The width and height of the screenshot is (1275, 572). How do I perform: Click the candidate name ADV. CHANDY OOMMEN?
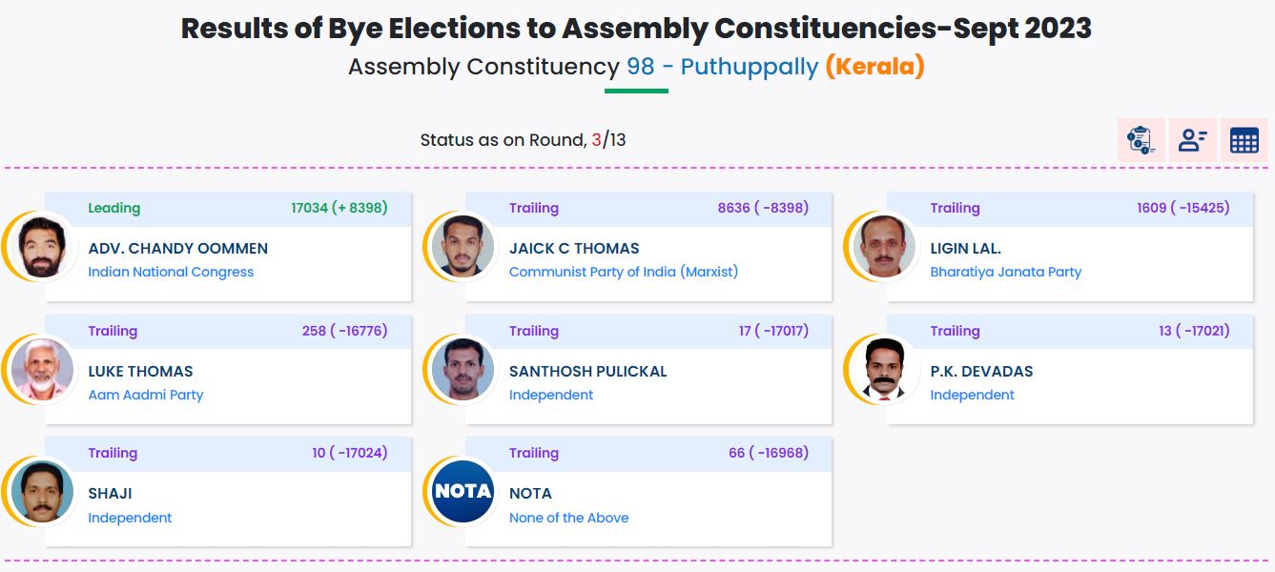coord(177,249)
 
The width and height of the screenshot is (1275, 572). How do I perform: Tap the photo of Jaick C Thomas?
coord(463,246)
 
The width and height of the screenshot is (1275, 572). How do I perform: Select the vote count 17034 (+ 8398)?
coord(339,208)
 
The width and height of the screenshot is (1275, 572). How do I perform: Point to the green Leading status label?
coord(113,208)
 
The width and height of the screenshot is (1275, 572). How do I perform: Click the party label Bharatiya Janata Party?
coord(1005,272)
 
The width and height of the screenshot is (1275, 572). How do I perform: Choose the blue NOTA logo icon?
coord(463,492)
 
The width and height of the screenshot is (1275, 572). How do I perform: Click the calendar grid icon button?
coord(1244,141)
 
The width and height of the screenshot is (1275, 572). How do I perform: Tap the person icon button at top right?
coord(1192,141)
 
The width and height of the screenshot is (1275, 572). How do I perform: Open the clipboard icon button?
coord(1141,141)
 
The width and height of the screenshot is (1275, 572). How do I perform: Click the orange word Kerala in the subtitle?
coord(874,67)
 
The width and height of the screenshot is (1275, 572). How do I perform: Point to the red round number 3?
coord(596,140)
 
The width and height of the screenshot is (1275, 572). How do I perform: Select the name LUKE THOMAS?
coord(140,372)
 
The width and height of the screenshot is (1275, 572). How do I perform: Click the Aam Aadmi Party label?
coord(145,395)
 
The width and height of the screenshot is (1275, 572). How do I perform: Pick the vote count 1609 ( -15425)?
coord(1182,208)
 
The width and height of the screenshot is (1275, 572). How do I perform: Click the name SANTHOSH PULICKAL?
coord(587,372)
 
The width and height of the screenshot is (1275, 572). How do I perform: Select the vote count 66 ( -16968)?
coord(768,453)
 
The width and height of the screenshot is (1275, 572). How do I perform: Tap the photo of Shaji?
coord(42,492)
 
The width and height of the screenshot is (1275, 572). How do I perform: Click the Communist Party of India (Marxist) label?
coord(623,272)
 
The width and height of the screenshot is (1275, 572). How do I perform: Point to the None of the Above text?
coord(568,518)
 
